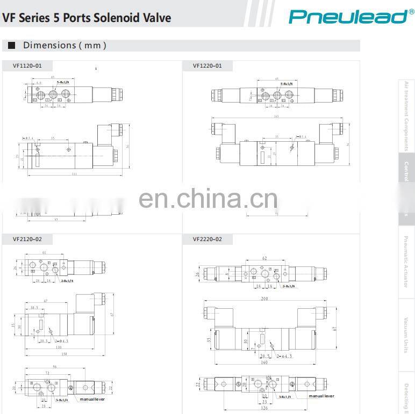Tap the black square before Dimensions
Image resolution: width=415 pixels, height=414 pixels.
pyautogui.click(x=11, y=46)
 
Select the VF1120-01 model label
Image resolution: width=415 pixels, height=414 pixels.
pyautogui.click(x=27, y=66)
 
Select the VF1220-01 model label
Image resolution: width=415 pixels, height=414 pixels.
pyautogui.click(x=207, y=66)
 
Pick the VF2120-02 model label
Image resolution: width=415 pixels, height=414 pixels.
pyautogui.click(x=27, y=239)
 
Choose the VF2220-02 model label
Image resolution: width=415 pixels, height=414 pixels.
pyautogui.click(x=207, y=239)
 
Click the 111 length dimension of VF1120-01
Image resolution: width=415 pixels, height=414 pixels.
pyautogui.click(x=74, y=173)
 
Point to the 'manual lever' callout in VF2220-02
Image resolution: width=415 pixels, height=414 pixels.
pyautogui.click(x=321, y=396)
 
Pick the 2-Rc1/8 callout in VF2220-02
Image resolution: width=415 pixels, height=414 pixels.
pyautogui.click(x=289, y=286)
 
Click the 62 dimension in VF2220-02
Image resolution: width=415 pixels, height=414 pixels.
pyautogui.click(x=264, y=258)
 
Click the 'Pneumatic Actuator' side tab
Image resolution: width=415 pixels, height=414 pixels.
pyautogui.click(x=406, y=262)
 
